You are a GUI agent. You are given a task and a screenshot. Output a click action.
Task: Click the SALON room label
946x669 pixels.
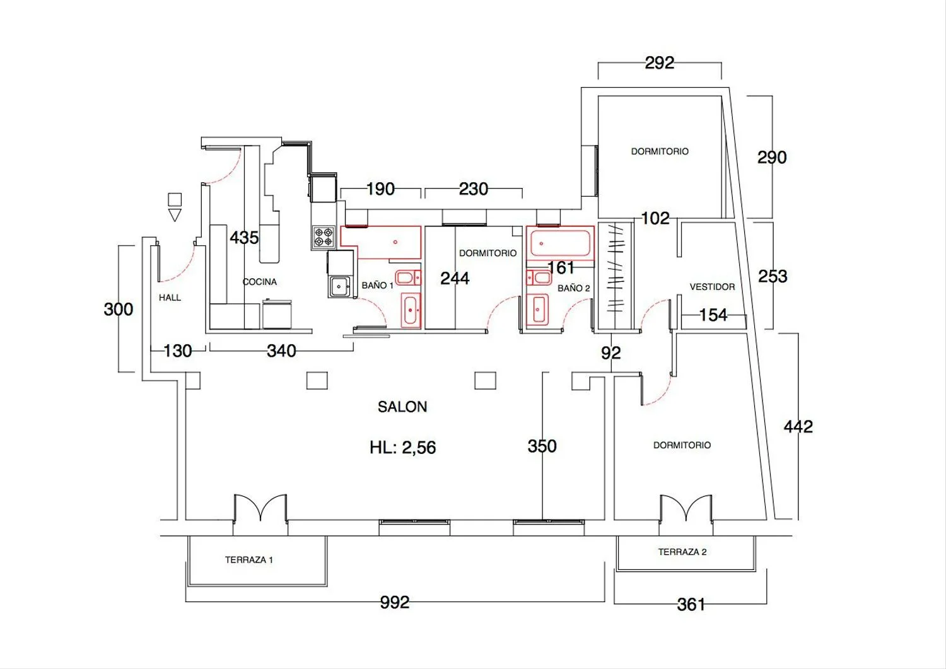402,407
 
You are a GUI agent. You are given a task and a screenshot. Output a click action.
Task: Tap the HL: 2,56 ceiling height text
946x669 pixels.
402,447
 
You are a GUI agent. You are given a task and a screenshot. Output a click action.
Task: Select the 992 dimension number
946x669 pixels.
394,603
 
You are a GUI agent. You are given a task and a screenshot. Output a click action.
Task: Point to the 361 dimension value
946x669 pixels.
691,605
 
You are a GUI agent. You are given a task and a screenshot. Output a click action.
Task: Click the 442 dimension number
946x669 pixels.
798,427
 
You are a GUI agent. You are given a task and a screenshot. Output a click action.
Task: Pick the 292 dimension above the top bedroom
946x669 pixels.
659,63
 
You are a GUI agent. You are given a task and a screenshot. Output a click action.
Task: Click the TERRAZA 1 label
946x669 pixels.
248,560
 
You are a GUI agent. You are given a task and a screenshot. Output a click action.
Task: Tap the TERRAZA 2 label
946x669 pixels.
682,552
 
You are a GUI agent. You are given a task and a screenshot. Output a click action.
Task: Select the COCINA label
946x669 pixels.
260,282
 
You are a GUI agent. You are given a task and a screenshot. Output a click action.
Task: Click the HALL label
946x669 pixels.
170,298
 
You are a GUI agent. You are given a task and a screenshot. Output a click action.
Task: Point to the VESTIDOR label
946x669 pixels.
712,287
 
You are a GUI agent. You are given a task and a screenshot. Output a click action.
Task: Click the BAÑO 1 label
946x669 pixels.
377,286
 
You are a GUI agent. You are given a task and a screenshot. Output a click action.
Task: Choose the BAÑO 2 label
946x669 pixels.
573,288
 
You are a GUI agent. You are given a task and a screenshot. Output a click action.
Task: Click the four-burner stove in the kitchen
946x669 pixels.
324,237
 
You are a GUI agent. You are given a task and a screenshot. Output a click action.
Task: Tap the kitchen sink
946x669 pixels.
339,286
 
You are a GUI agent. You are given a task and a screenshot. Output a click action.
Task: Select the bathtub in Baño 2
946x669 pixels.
560,243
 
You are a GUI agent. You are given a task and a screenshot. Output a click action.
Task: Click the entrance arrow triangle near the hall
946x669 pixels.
175,214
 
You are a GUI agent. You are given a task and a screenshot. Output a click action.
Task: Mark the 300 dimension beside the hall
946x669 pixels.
119,310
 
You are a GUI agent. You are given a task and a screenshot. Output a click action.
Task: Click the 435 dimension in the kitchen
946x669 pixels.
244,238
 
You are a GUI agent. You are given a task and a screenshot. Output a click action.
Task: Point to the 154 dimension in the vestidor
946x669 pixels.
713,315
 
